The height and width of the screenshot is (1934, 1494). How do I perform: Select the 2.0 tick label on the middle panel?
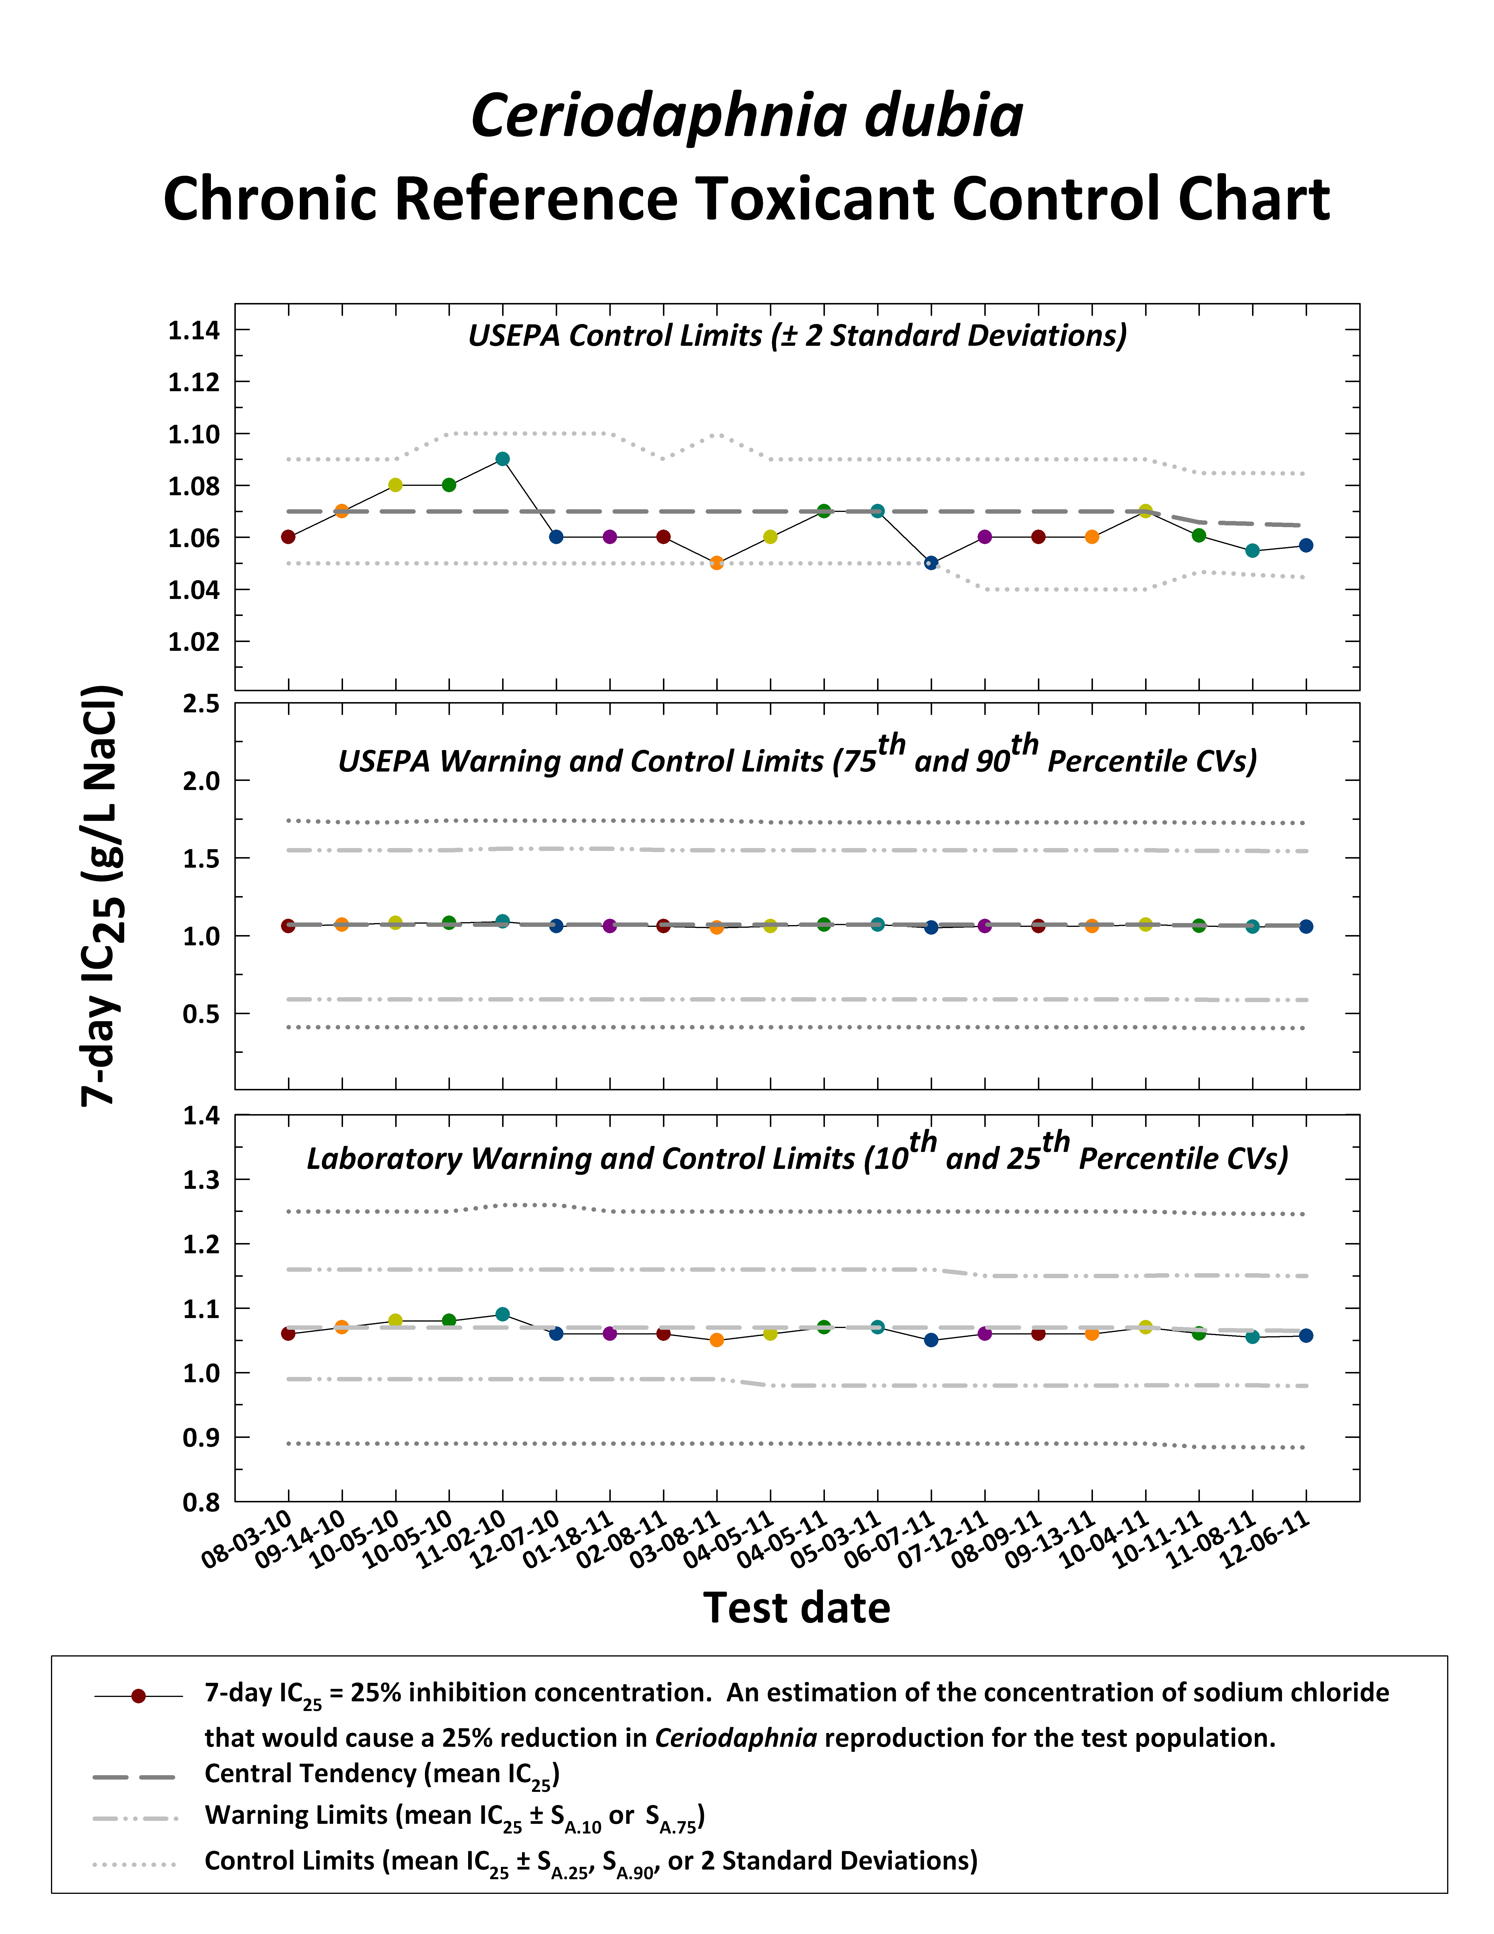[x=201, y=781]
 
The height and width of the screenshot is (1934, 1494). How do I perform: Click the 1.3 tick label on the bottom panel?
[x=201, y=1179]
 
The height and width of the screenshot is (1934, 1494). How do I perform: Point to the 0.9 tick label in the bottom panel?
[x=201, y=1437]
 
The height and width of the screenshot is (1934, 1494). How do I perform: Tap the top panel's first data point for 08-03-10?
[x=288, y=537]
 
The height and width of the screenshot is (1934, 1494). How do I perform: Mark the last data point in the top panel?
[x=1305, y=546]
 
